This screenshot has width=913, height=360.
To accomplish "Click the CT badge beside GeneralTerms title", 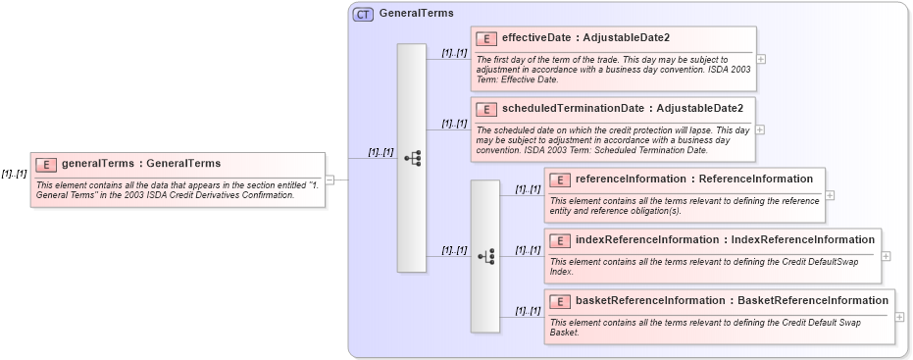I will tap(363, 15).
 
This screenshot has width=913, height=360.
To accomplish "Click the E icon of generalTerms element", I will tap(46, 164).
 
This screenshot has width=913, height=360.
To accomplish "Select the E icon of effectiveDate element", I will tap(485, 38).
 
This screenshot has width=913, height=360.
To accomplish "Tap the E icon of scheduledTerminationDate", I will tap(485, 108).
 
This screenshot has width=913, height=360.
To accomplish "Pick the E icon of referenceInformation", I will tap(559, 180).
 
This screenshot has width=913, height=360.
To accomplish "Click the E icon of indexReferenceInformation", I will tap(559, 240).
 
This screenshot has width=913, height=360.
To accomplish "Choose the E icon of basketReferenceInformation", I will tap(559, 301).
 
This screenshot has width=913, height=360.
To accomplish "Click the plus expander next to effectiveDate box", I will tap(761, 59).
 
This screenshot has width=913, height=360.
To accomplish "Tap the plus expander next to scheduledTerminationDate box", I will tap(761, 129).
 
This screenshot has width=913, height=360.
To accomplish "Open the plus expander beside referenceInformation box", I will tap(830, 194).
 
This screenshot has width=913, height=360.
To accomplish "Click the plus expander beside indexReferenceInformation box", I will tap(887, 256).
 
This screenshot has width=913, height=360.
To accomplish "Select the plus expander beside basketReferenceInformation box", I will tap(899, 317).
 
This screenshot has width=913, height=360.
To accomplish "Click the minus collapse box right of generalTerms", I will tap(330, 180).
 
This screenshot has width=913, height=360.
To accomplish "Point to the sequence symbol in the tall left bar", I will tap(412, 158).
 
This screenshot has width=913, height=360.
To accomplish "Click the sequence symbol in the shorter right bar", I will tap(485, 256).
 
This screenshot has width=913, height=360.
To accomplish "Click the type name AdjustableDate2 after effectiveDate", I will tap(627, 38).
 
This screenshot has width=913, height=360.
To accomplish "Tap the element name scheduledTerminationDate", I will tap(573, 108).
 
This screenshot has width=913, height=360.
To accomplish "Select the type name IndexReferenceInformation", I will tap(803, 240).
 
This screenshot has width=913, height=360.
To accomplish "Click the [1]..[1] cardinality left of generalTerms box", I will tap(14, 174).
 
